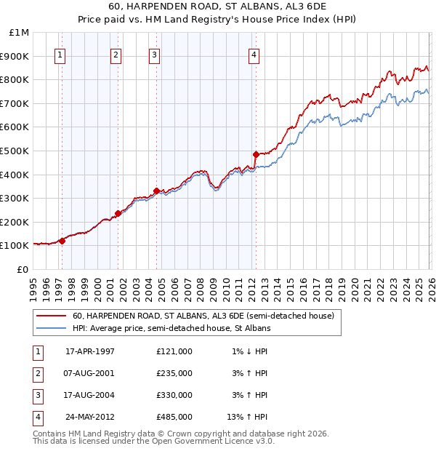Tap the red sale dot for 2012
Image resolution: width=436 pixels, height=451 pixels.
[x=256, y=154]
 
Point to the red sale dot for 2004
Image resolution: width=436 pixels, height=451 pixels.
[x=156, y=191]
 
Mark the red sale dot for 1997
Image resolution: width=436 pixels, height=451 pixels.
[x=62, y=241]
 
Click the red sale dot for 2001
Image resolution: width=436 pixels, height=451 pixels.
[x=118, y=214]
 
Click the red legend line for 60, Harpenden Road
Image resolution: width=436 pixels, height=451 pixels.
[x=52, y=316]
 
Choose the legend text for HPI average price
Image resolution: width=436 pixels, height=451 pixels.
[x=171, y=329]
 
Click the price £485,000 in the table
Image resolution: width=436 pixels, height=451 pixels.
[x=174, y=417]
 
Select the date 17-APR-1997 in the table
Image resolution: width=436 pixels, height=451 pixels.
[x=90, y=351]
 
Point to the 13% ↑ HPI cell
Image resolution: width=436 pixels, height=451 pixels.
[x=247, y=417]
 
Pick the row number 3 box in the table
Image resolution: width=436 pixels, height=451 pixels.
[x=37, y=395]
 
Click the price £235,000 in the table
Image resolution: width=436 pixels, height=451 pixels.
[x=174, y=373]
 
